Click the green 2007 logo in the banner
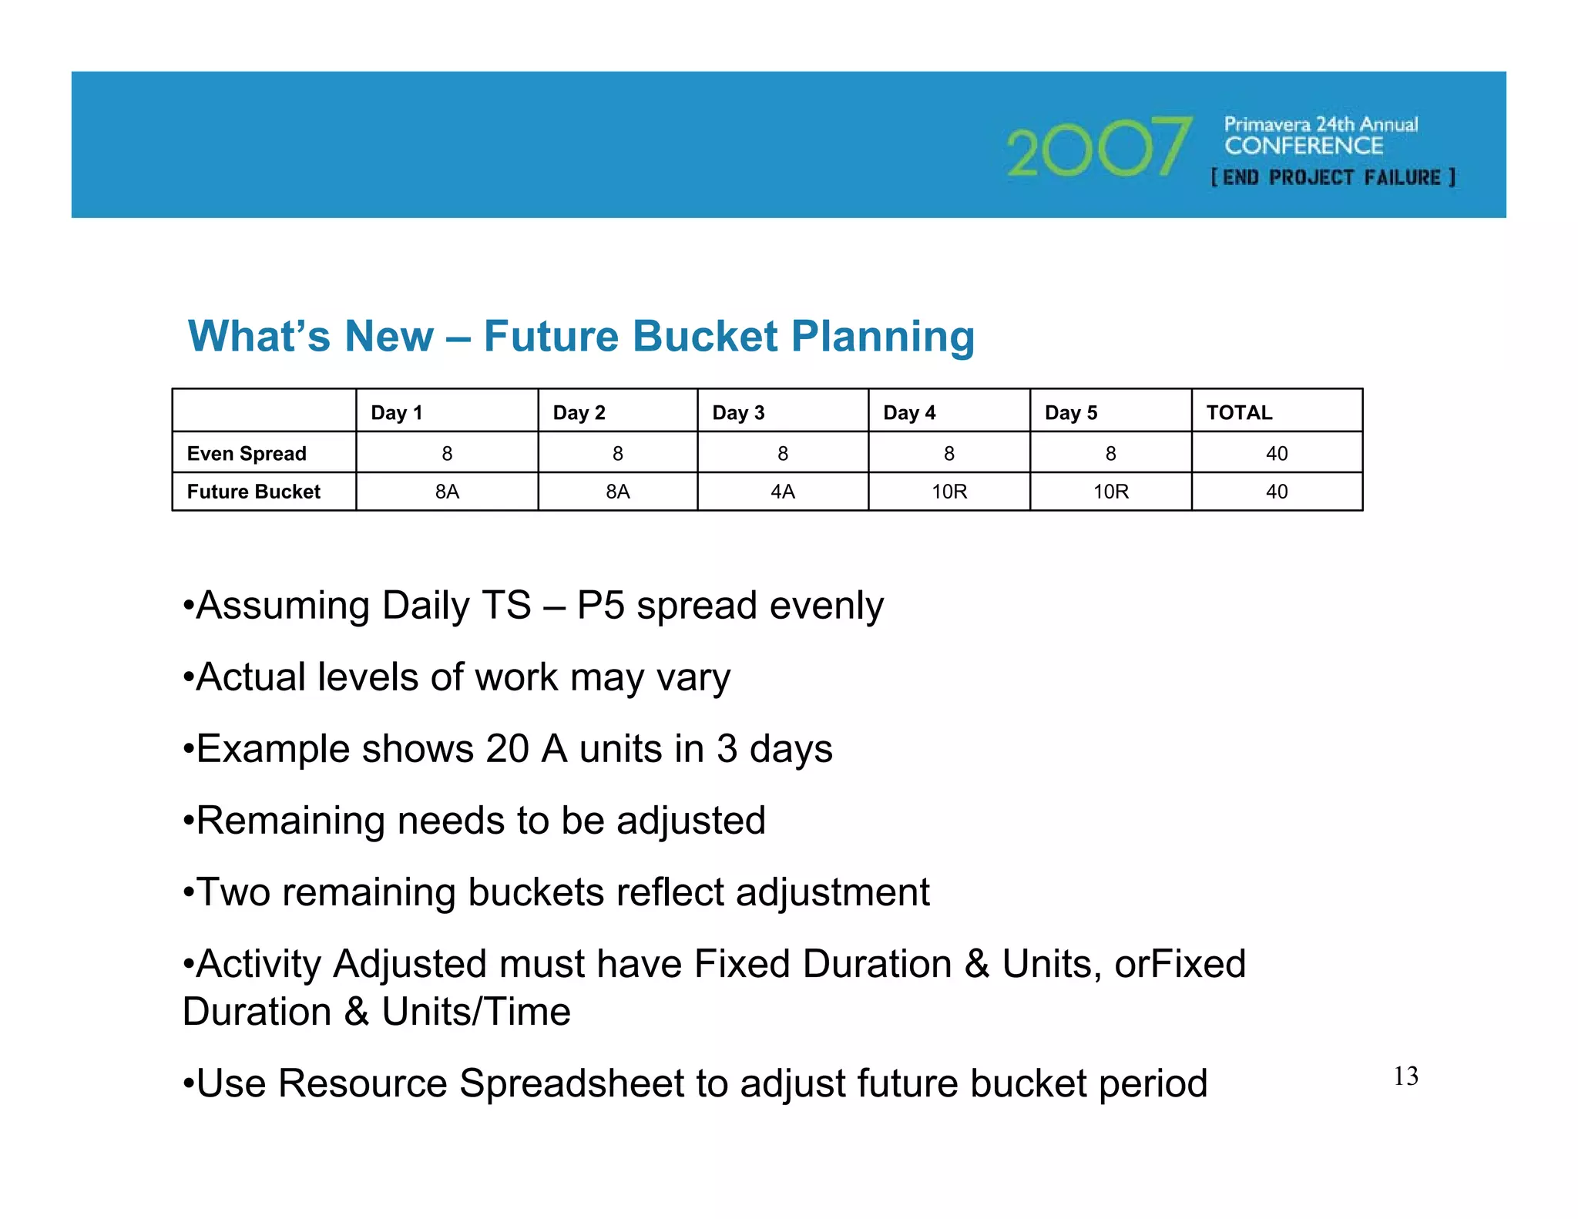(1098, 148)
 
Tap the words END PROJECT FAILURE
(1333, 178)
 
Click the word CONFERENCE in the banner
(1304, 146)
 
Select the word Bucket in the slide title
(705, 337)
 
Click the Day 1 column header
(397, 413)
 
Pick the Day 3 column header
(738, 413)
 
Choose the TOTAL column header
(1239, 413)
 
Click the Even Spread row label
(247, 454)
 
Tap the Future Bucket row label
(253, 492)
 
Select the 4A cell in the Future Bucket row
(782, 492)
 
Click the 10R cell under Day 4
(948, 492)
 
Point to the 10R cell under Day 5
(1110, 492)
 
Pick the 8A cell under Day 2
(617, 492)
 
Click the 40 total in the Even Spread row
(1276, 454)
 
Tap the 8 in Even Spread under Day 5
(1110, 454)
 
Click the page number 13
(1405, 1076)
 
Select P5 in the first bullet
(600, 606)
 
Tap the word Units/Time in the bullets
(476, 1012)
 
